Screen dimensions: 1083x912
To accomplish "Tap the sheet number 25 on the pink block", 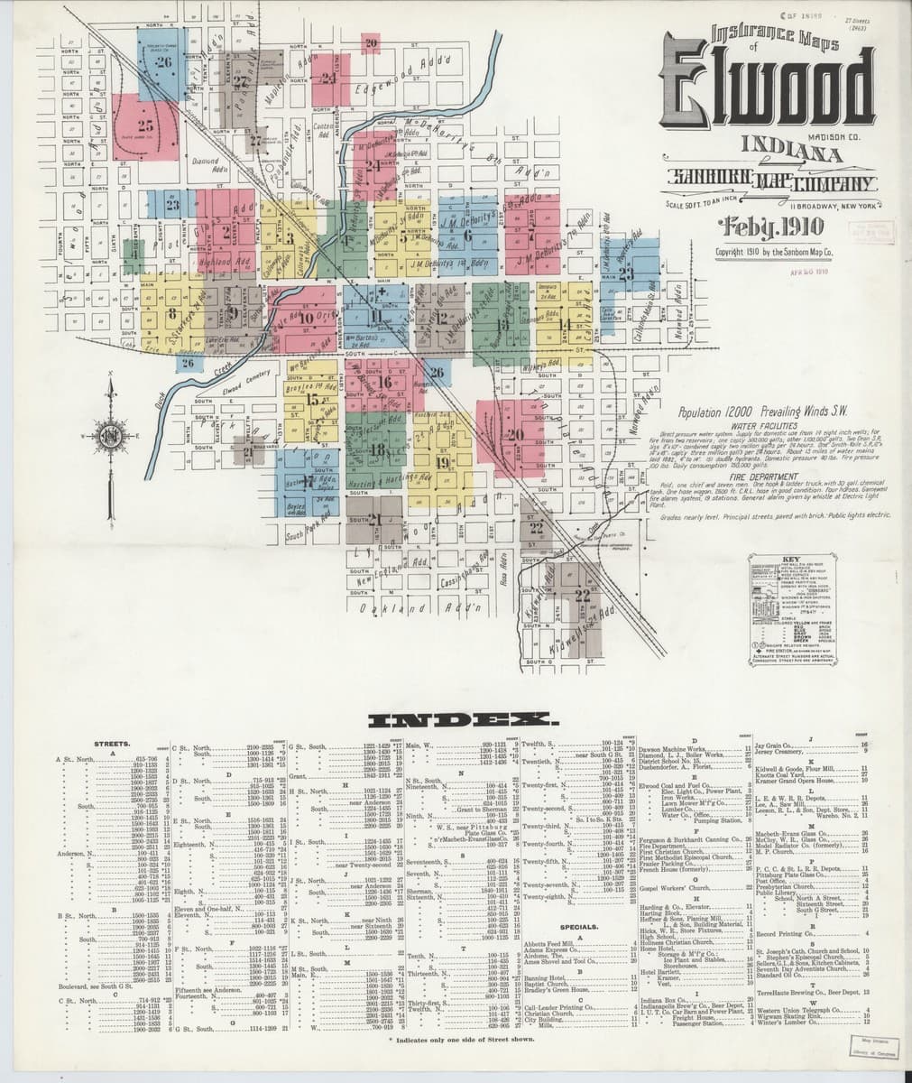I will point(145,125).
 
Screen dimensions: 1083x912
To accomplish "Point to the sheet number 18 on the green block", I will point(377,449).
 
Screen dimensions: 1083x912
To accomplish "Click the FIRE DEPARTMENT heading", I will point(759,470).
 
